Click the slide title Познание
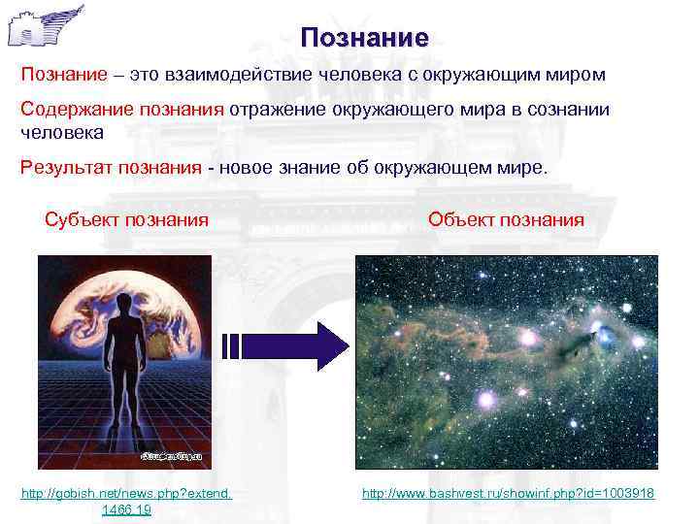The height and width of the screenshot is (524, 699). (364, 39)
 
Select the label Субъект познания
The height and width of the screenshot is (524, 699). (126, 219)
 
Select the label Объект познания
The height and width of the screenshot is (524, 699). (506, 219)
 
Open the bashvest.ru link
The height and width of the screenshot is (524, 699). (508, 495)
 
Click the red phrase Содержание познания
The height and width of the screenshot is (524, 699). (123, 109)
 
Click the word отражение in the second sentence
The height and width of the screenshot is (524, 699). (275, 109)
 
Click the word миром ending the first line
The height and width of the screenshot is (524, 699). (576, 75)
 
